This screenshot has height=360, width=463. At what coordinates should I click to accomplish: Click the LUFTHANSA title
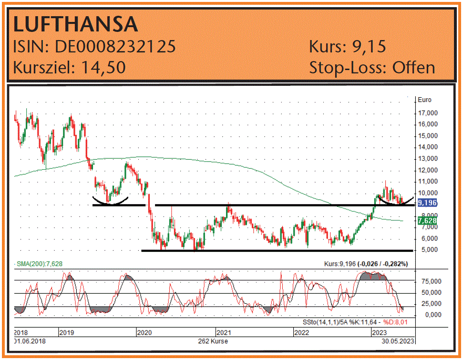pos(75,24)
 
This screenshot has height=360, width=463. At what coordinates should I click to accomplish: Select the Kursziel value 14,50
pos(103,67)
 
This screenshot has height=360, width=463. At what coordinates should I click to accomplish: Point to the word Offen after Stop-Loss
pos(413,67)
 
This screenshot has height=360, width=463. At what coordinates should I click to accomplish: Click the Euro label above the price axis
pos(424,100)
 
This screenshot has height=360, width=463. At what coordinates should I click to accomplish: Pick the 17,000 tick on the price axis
pos(428,113)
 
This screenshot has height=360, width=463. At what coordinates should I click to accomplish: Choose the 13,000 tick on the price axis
pos(428,159)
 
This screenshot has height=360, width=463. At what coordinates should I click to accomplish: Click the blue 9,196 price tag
pos(427,203)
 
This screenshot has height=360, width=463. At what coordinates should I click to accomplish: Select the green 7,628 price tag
pos(427,221)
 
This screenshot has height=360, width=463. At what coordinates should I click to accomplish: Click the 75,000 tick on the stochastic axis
pos(427,281)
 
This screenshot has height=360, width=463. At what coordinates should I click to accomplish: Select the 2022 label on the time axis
pos(302,332)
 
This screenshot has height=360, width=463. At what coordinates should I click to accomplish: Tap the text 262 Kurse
pos(213,341)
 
